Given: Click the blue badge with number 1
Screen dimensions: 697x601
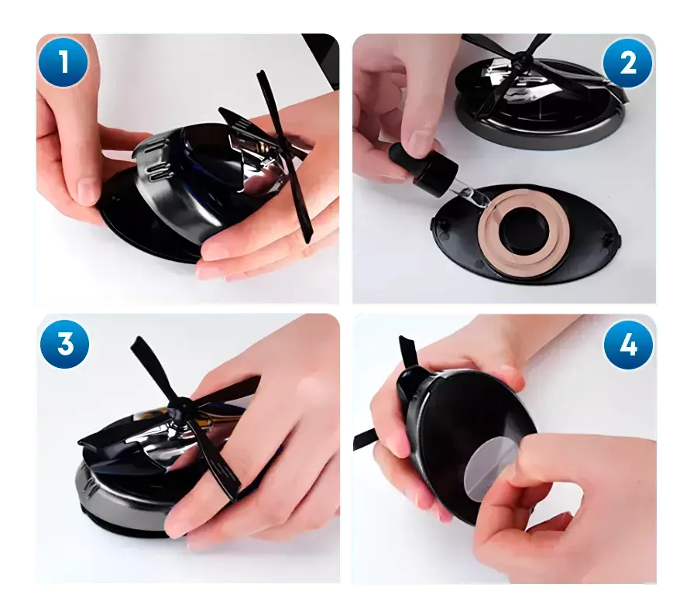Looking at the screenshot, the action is (x=64, y=62).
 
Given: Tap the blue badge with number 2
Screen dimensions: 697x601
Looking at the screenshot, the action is (x=627, y=63).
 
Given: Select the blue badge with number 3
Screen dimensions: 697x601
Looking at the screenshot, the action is (x=65, y=344).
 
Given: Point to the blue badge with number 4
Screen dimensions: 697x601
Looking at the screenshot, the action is (x=628, y=344).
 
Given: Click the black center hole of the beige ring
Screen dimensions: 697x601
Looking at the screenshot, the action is (x=524, y=230).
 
